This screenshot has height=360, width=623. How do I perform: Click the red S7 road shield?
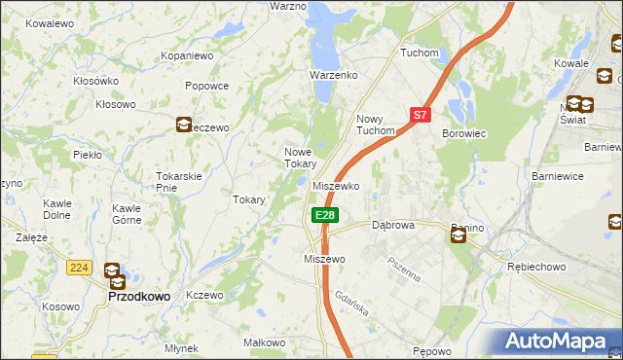click(420, 115)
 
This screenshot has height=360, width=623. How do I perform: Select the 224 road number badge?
click(79, 267)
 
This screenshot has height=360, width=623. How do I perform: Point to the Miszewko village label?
click(337, 186)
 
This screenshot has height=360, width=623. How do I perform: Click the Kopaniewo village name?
click(187, 56)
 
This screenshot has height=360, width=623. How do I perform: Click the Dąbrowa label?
click(393, 225)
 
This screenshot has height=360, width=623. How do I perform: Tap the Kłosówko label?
click(95, 81)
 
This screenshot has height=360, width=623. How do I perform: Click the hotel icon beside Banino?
click(458, 234)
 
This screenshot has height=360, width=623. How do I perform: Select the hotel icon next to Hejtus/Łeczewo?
click(184, 124)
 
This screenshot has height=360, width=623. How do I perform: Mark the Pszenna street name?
click(403, 268)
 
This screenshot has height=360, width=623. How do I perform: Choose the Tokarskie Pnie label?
click(178, 182)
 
